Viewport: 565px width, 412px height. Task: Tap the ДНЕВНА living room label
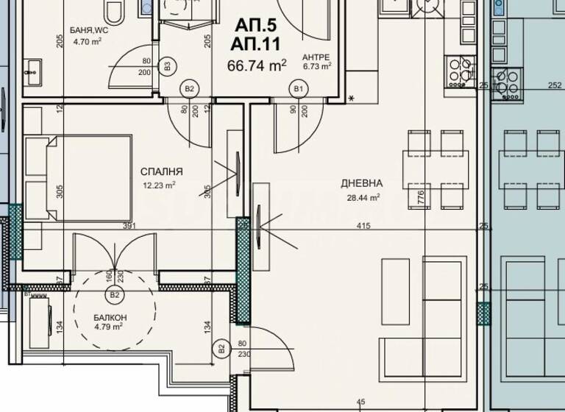tap(360, 183)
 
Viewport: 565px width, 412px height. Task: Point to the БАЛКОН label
tap(107, 317)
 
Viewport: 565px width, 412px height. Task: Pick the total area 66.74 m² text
tap(257, 66)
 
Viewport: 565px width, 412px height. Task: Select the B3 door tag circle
tap(168, 66)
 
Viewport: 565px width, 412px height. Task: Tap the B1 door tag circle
tap(299, 89)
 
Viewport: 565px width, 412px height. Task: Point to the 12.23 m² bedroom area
tap(159, 185)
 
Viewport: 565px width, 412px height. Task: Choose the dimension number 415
tap(363, 226)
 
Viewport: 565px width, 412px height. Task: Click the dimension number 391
tap(130, 226)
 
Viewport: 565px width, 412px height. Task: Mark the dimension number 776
tap(420, 196)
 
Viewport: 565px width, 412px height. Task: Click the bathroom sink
tap(33, 71)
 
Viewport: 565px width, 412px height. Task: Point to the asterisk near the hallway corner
tap(351, 98)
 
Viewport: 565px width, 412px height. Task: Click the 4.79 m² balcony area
tap(107, 327)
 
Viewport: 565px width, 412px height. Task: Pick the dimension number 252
tap(555, 85)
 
